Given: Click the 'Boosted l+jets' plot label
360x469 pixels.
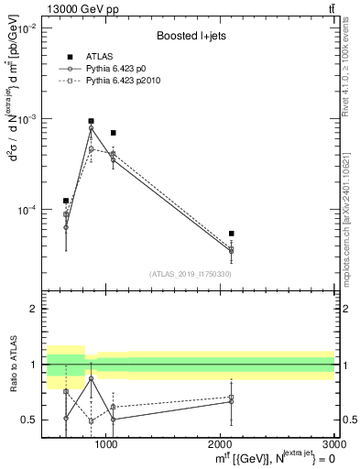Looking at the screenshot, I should click(189, 36).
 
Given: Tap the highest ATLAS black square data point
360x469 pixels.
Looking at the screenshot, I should click(91, 121).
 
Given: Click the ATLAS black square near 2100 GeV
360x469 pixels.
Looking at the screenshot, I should click(231, 234).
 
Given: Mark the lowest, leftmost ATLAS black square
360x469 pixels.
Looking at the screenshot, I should click(66, 201).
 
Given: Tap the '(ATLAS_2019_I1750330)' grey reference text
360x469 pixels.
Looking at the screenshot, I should click(190, 273).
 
